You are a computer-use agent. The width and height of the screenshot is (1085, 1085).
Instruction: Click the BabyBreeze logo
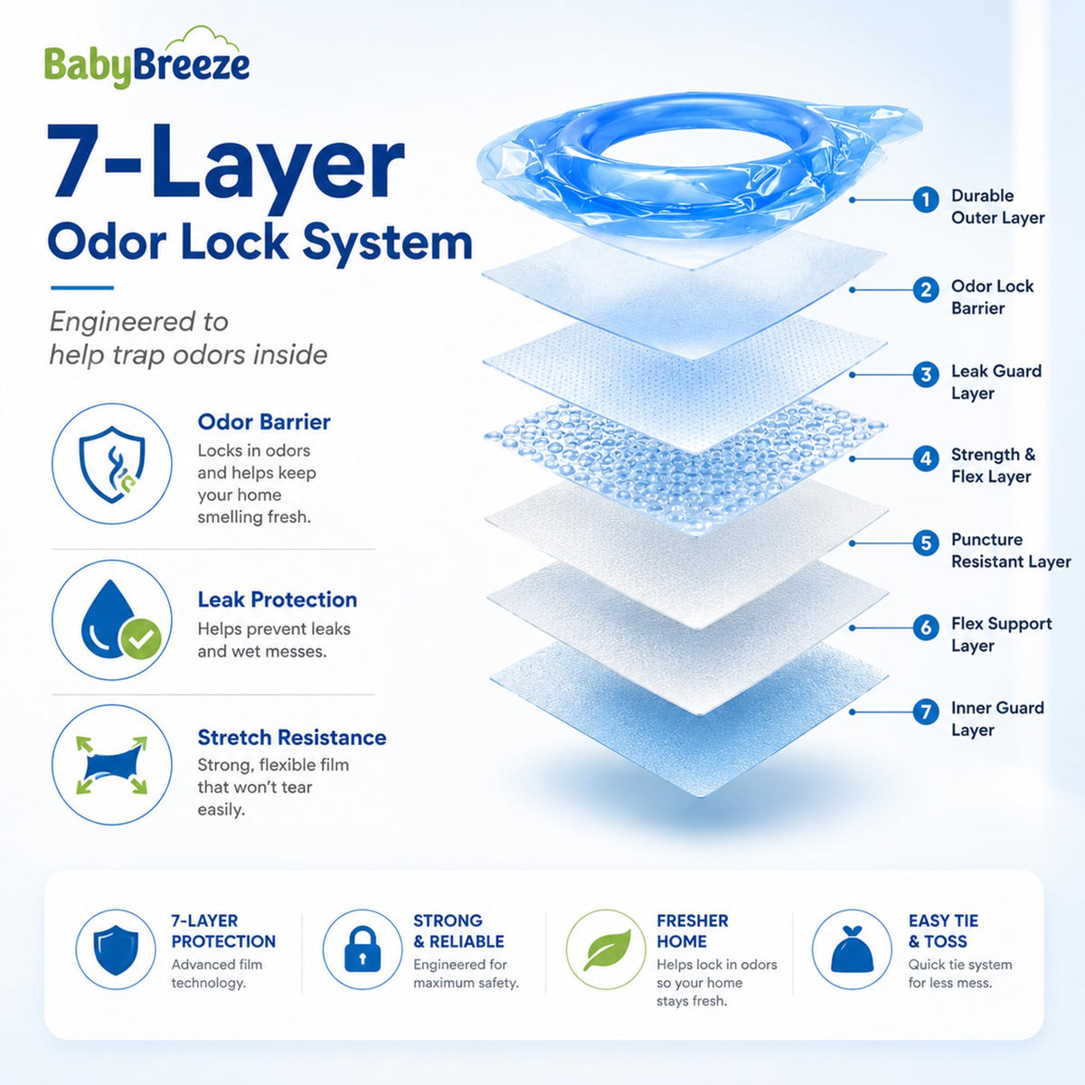[147, 59]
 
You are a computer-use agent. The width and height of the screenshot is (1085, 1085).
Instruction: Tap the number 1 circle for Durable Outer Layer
[926, 200]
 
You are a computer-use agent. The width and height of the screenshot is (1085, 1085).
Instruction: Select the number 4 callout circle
[926, 458]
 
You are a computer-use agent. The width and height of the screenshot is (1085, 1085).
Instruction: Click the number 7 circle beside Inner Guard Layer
[926, 712]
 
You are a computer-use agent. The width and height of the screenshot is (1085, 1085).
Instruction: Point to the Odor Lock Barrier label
[992, 297]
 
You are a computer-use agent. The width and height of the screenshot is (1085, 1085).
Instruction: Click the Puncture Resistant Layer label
[1011, 550]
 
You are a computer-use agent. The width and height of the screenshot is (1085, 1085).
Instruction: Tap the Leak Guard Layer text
[996, 382]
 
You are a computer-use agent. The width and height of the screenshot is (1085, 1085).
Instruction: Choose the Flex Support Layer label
[1001, 635]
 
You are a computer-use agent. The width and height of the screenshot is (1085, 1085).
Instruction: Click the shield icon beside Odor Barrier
[112, 465]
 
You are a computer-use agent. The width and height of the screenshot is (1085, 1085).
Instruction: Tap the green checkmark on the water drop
[141, 638]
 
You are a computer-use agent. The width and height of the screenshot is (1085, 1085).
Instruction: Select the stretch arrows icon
[111, 765]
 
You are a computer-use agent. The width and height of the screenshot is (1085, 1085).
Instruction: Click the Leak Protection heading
[277, 599]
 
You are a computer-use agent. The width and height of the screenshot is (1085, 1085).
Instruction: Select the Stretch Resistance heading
[292, 737]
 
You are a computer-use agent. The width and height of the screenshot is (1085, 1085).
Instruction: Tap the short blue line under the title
[82, 288]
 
